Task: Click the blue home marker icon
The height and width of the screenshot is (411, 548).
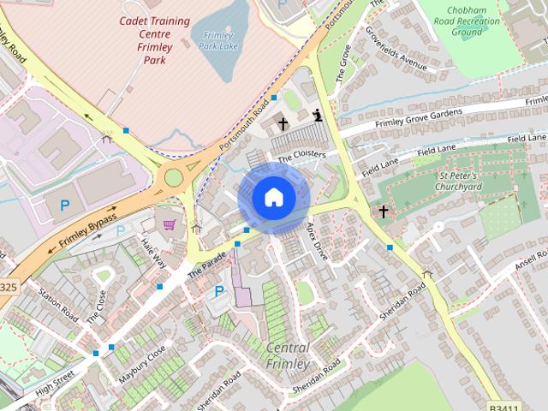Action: (x=272, y=198)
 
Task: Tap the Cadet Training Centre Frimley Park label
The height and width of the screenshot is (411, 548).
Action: (x=142, y=39)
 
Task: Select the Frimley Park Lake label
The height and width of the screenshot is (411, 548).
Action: (x=218, y=40)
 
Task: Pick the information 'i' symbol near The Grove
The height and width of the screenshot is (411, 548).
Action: (x=318, y=115)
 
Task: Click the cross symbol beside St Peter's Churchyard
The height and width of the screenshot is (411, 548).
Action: (x=383, y=211)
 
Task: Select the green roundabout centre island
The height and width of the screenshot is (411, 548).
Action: (x=174, y=177)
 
